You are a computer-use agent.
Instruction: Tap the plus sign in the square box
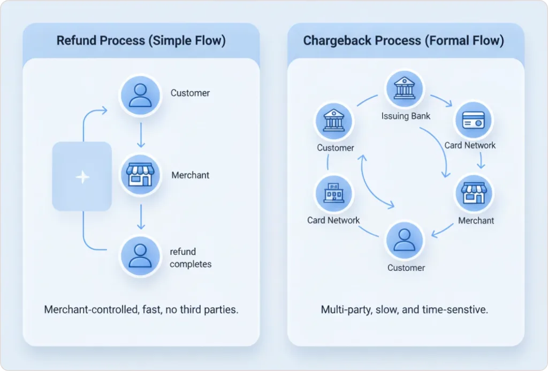[x=82, y=177]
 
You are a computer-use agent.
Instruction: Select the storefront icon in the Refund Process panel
[x=140, y=175]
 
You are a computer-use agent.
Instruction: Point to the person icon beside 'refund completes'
[x=140, y=256]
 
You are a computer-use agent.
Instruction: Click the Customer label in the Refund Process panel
[x=190, y=93]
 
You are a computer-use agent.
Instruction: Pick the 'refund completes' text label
[x=191, y=257]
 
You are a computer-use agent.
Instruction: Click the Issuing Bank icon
[x=405, y=89]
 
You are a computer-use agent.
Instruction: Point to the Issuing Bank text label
[x=406, y=115]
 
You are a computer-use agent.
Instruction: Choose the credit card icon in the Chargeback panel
[x=474, y=121]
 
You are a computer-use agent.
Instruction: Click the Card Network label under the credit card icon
[x=470, y=145]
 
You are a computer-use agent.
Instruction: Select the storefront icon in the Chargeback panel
[x=474, y=194]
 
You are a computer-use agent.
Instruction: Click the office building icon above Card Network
[x=334, y=194]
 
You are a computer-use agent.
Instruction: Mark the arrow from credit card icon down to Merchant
[x=481, y=160]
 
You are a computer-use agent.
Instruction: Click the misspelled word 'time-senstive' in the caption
[x=459, y=309]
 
